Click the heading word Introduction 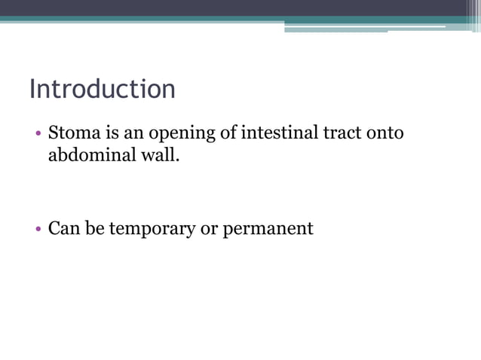(x=103, y=89)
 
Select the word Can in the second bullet (x=63, y=227)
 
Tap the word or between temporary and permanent (x=209, y=228)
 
